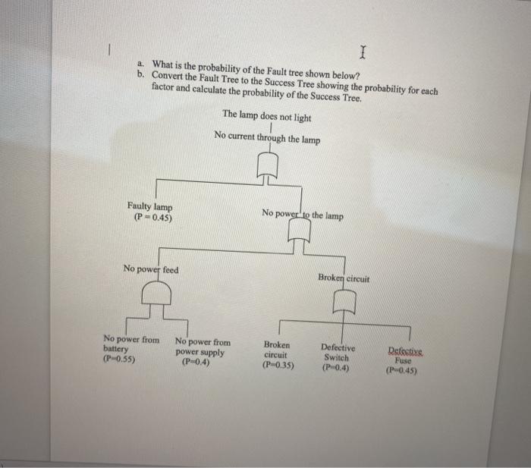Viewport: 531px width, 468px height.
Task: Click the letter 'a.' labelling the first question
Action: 140,65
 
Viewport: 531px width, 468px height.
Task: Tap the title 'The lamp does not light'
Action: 266,115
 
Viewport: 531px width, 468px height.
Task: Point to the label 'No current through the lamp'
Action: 267,137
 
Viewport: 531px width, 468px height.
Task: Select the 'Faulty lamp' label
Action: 149,207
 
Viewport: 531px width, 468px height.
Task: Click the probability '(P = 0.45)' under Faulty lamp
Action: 152,218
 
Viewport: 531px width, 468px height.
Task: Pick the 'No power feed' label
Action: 151,269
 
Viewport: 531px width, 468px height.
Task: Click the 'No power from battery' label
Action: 130,344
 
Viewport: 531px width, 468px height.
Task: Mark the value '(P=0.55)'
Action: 119,359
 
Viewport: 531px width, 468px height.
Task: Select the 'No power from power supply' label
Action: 202,347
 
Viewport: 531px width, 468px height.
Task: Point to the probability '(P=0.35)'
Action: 278,365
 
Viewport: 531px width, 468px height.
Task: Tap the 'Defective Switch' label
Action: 335,352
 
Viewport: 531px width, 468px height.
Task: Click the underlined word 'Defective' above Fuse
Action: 407,351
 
